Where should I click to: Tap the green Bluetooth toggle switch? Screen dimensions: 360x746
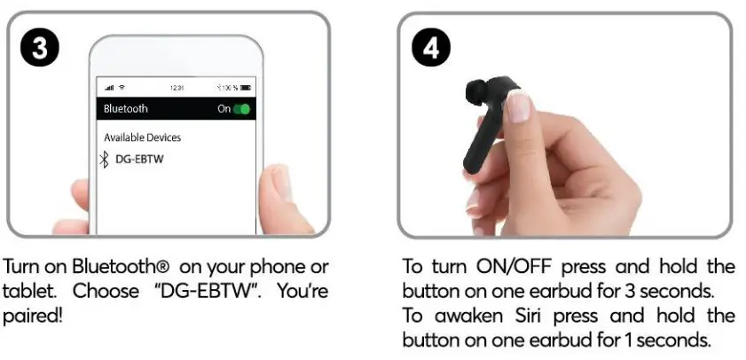240,109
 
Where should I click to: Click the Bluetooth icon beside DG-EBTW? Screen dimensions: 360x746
104,160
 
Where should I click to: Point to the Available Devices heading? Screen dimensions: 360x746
142,137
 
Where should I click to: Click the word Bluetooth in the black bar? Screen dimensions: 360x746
126,109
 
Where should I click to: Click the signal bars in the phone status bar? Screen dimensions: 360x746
109,88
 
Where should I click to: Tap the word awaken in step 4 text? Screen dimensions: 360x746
475,317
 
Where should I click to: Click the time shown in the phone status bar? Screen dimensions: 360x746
177,88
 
